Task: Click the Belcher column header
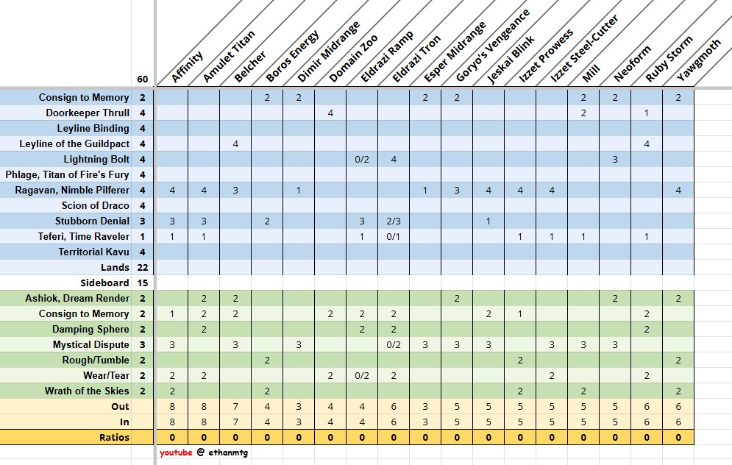point(249,66)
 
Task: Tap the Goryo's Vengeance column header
point(492,46)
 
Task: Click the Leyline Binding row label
point(93,128)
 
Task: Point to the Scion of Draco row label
point(95,205)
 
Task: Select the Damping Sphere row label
point(90,329)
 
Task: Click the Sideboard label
point(104,283)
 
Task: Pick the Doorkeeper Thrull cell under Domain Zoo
point(330,113)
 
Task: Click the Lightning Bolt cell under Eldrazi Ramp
point(362,159)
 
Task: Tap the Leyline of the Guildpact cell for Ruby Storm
point(647,143)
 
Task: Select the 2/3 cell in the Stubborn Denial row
point(394,221)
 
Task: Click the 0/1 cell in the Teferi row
point(394,236)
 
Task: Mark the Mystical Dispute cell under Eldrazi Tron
point(394,344)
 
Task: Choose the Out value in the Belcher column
point(235,407)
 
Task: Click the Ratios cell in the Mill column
point(583,438)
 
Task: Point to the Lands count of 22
point(143,268)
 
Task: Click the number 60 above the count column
point(143,79)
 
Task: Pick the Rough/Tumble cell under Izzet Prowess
point(520,360)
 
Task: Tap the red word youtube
point(176,452)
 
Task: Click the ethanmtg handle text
point(228,452)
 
